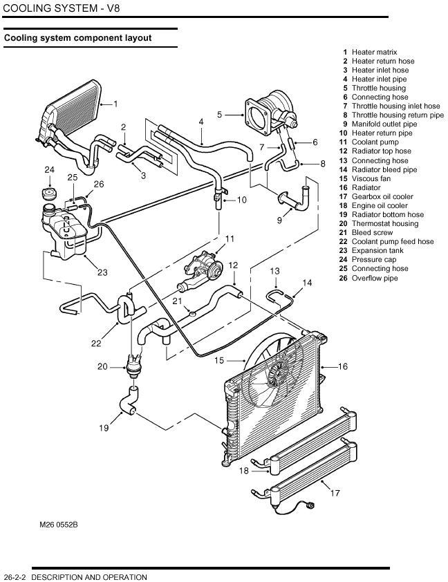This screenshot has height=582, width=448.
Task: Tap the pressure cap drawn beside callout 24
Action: (50, 191)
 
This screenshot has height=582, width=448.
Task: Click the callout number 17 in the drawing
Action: (335, 494)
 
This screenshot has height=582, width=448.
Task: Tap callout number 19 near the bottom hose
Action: (104, 429)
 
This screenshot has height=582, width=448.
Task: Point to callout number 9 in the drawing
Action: (279, 220)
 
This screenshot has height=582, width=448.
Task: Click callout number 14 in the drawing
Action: (307, 283)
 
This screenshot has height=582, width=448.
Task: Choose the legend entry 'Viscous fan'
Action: (371, 178)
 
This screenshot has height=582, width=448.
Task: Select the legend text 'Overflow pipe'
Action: (375, 278)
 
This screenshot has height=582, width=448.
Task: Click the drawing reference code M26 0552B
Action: (59, 525)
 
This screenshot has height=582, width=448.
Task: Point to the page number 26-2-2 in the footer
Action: (16, 577)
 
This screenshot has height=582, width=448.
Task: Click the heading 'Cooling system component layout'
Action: (78, 38)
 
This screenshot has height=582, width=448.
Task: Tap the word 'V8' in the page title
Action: (110, 8)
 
